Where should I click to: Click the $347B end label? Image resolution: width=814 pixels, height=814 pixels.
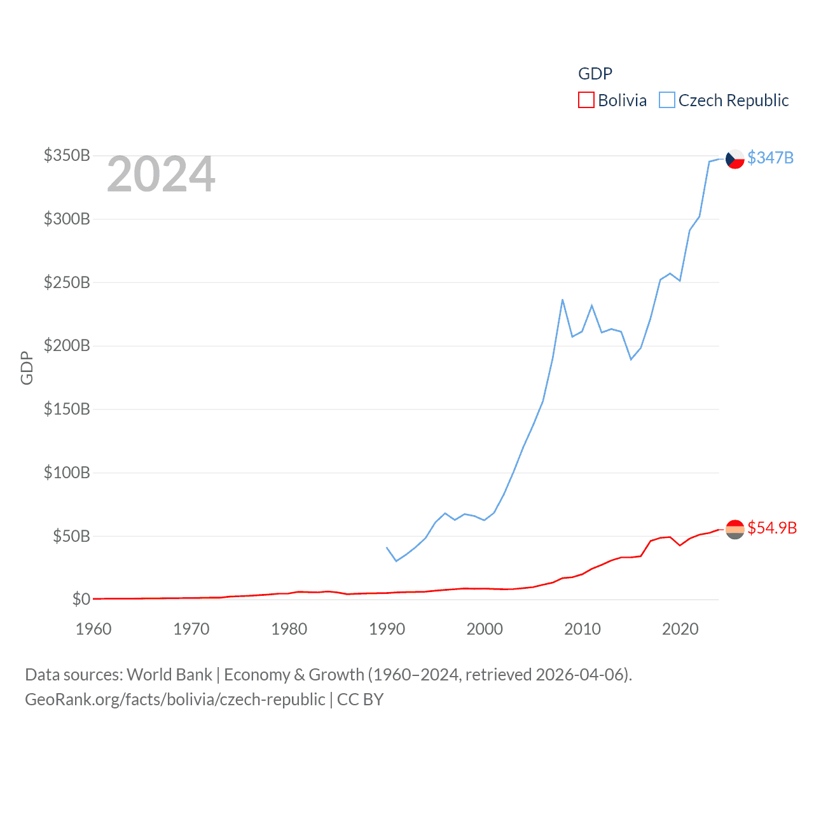point(770,158)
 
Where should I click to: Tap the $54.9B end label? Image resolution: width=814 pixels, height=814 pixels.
point(772,528)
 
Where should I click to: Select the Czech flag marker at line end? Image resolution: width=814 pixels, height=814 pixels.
point(735,159)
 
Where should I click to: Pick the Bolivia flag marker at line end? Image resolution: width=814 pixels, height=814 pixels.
point(735,529)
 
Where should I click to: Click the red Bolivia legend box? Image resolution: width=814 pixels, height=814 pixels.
point(586,100)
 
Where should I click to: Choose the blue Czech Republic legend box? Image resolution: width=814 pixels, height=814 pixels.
point(666,100)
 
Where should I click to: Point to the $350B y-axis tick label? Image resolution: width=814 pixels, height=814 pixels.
point(67,155)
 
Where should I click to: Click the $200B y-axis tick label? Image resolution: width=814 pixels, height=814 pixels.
point(67,345)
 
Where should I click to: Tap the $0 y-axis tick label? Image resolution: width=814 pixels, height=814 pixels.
point(81,599)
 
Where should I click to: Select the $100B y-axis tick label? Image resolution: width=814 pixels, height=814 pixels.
point(67,473)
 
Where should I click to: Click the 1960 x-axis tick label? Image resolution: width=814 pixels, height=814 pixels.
point(93,629)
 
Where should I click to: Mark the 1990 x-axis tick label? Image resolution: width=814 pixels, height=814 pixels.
point(387,629)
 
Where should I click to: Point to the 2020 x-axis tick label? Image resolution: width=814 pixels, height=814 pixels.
point(680,629)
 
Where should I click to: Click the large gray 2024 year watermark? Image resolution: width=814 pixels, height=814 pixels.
point(161,174)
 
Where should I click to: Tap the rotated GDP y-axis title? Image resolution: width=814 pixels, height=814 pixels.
point(27,368)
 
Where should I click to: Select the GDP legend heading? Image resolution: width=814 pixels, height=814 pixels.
point(595,74)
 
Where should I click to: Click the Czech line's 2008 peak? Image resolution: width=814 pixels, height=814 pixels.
point(562,300)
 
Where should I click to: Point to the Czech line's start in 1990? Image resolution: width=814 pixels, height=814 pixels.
point(387,548)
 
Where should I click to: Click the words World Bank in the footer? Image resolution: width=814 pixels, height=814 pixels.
point(169,674)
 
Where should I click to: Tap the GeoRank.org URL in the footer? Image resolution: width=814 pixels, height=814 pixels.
point(175,700)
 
